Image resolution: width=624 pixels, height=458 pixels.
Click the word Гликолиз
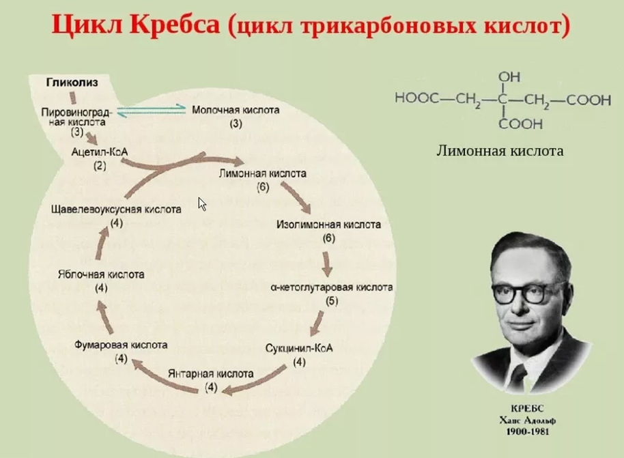pyautogui.click(x=72, y=83)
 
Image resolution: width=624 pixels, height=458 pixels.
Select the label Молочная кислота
pyautogui.click(x=236, y=110)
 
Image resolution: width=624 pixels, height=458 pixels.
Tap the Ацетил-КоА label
pyautogui.click(x=100, y=152)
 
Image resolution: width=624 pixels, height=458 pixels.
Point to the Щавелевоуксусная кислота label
pyautogui.click(x=116, y=210)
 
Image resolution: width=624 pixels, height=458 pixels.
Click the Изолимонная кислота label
pyautogui.click(x=328, y=225)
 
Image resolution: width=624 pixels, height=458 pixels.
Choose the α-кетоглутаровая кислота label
pyautogui.click(x=332, y=287)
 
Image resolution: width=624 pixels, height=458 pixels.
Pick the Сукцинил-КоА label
pyautogui.click(x=299, y=348)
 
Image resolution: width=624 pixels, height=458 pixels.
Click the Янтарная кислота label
pyautogui.click(x=210, y=373)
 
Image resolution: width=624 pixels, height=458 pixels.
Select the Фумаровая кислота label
pyautogui.click(x=121, y=345)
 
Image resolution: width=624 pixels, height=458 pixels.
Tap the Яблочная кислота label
pyautogui.click(x=101, y=274)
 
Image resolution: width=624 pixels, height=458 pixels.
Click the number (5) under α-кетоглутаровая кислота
pyautogui.click(x=332, y=301)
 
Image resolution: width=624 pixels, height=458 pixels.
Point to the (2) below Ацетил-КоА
pyautogui.click(x=100, y=166)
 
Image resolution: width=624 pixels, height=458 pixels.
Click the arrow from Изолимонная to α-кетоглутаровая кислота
pyautogui.click(x=327, y=264)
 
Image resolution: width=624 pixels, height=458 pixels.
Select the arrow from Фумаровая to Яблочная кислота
pyautogui.click(x=104, y=316)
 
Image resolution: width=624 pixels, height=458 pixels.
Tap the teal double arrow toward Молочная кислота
pyautogui.click(x=152, y=111)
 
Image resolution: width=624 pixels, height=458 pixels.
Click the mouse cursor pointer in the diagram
pyautogui.click(x=202, y=204)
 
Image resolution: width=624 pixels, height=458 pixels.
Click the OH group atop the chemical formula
pyautogui.click(x=509, y=76)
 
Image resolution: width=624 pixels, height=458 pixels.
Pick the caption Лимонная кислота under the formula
pyautogui.click(x=500, y=151)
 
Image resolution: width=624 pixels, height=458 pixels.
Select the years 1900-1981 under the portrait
pyautogui.click(x=527, y=431)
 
